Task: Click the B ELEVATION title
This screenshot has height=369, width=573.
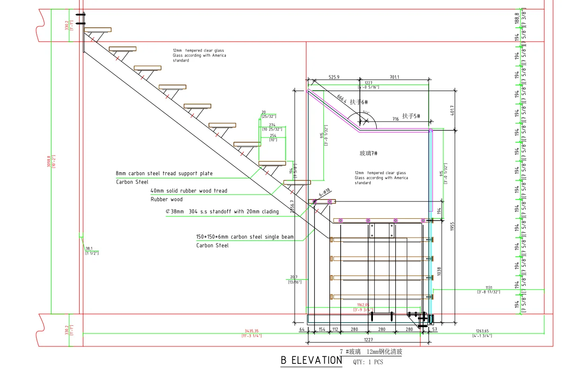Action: tap(311, 361)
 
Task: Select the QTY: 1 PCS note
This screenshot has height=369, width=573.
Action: tap(368, 362)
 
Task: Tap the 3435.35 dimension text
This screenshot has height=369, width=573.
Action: tap(252, 331)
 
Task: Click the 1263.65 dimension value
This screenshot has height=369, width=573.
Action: tap(482, 331)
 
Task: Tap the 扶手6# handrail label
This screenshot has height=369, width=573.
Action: tap(358, 101)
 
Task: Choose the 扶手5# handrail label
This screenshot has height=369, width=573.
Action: tap(411, 116)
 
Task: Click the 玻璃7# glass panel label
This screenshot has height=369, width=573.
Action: tap(368, 153)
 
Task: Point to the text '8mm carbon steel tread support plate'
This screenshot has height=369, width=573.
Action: tap(164, 174)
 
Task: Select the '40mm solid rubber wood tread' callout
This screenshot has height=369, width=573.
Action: tap(188, 191)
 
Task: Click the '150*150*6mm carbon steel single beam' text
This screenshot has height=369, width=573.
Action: tap(245, 237)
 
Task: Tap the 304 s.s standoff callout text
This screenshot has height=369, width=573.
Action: tap(222, 212)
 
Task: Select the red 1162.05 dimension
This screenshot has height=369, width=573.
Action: tap(363, 305)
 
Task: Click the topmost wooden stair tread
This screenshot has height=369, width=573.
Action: tap(98, 30)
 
